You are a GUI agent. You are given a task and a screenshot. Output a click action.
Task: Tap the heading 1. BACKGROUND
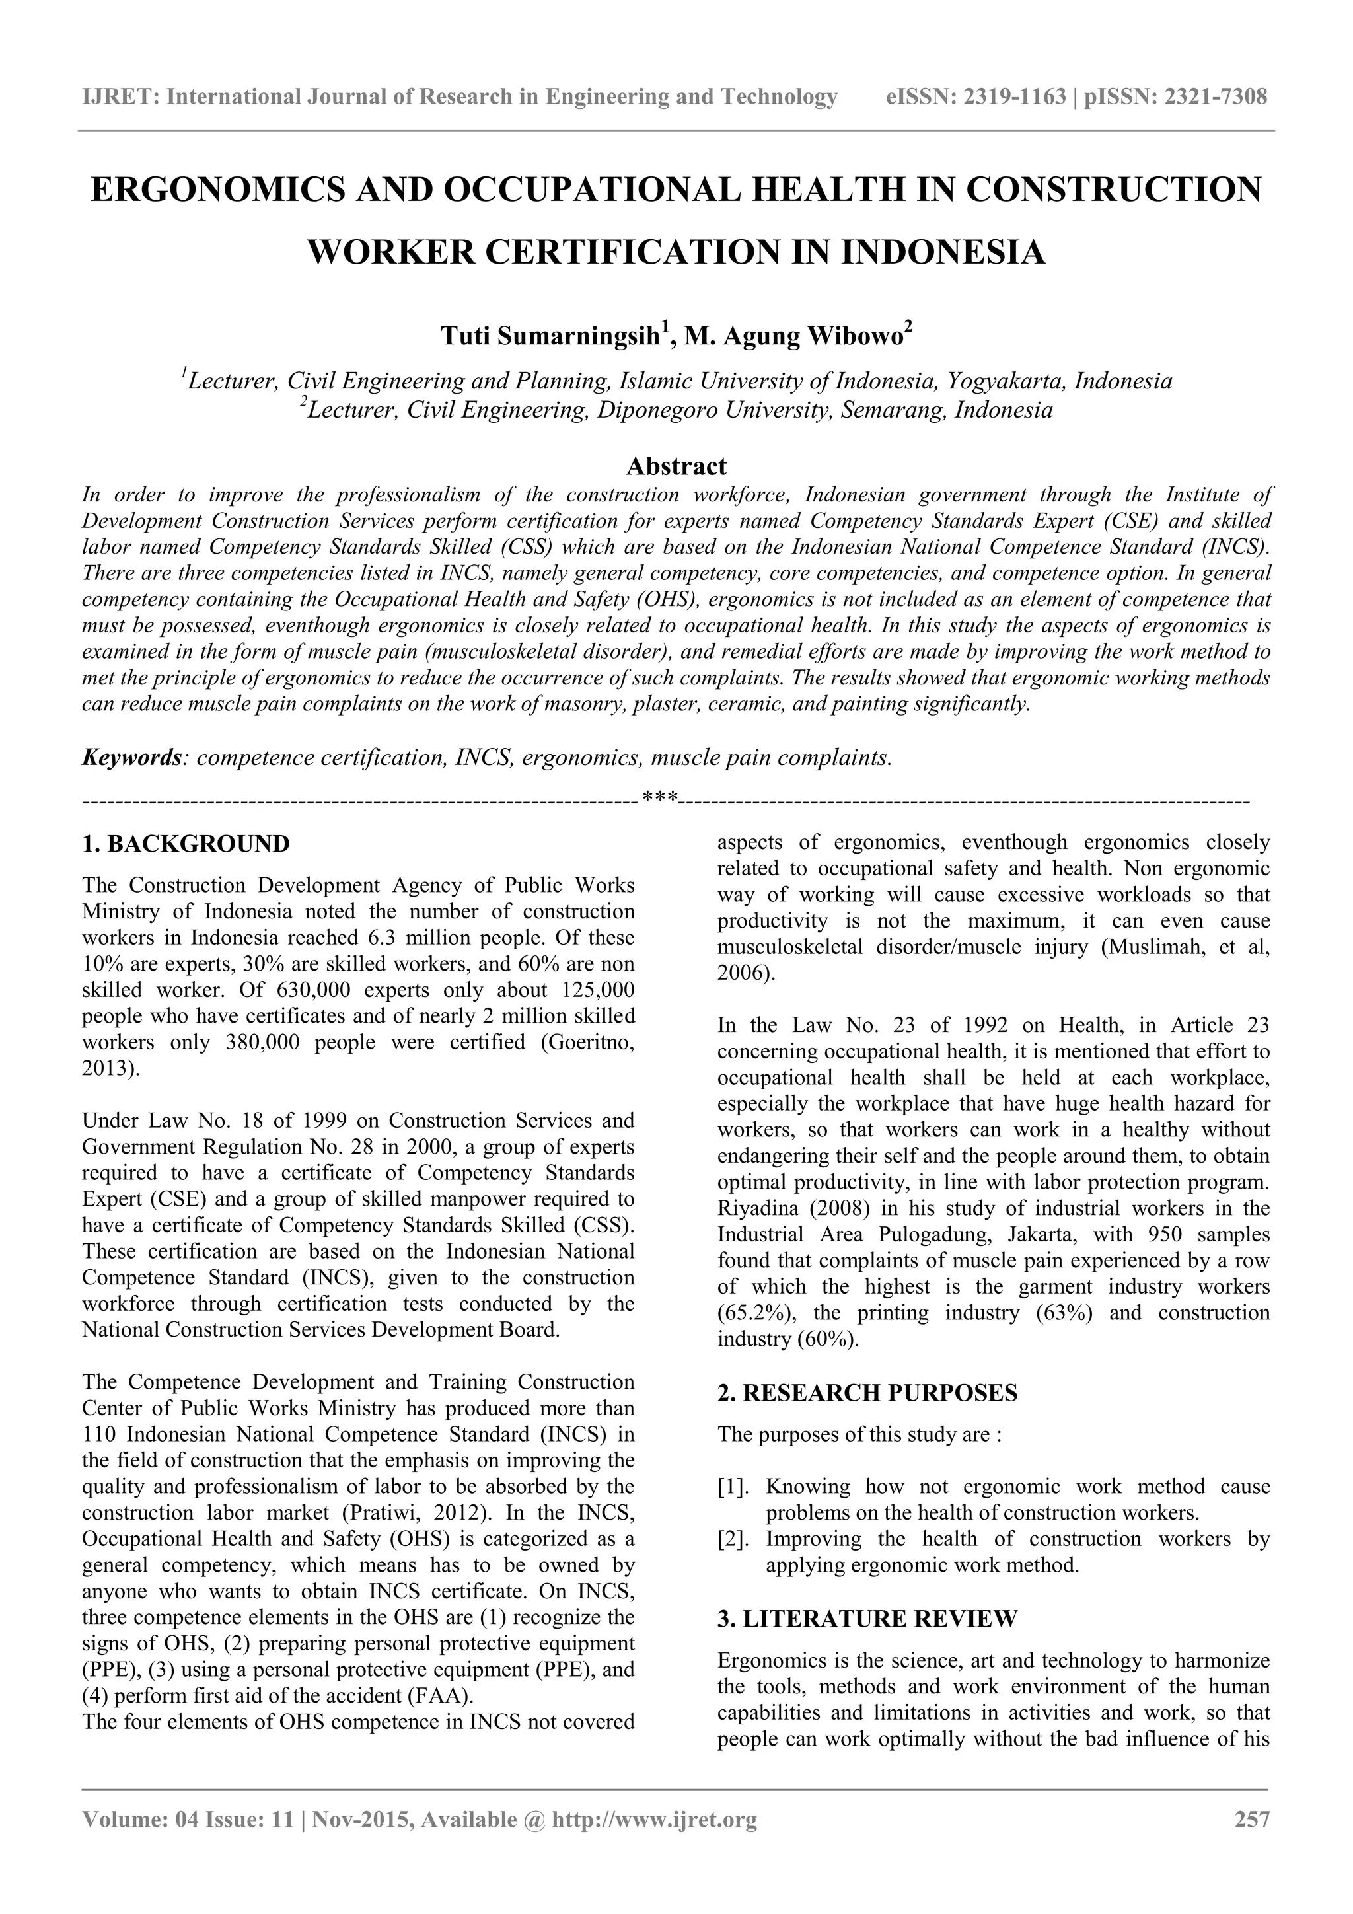tap(186, 844)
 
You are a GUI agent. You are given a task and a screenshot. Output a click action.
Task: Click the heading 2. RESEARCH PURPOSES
tap(867, 1393)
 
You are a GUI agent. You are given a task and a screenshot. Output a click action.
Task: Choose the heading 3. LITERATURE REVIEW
tap(867, 1619)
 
